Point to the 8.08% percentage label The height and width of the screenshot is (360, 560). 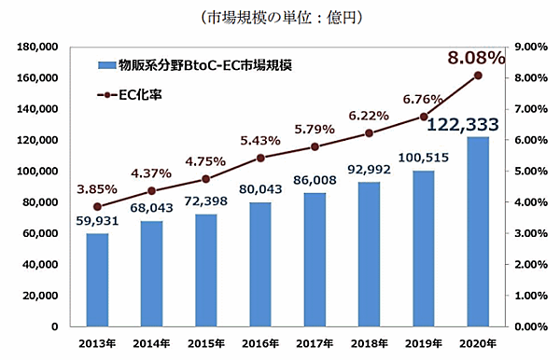[x=476, y=59]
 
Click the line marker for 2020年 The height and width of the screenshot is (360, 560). [x=478, y=76]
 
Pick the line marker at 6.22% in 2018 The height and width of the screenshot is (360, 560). [x=369, y=132]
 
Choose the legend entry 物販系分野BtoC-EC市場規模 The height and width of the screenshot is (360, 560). [x=195, y=65]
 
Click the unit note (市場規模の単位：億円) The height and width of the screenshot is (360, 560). [x=281, y=16]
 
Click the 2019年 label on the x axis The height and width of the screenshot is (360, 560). [x=423, y=343]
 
